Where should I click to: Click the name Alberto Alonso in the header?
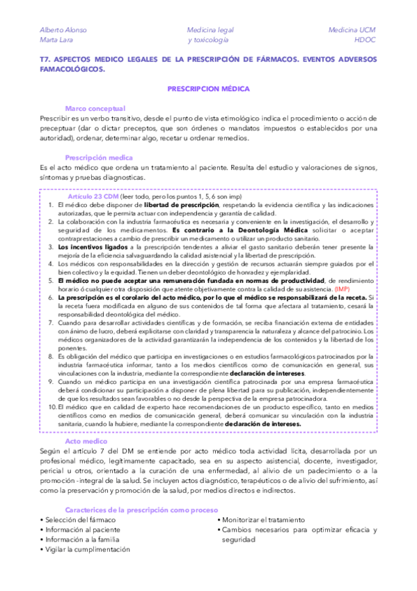[x=61, y=31]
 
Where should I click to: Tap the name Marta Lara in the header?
[x=55, y=40]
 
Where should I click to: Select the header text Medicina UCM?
[x=352, y=31]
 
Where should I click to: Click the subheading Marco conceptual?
[x=95, y=109]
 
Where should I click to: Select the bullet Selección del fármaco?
[x=79, y=520]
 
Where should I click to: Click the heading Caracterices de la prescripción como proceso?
[x=141, y=509]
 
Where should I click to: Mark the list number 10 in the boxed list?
[x=52, y=406]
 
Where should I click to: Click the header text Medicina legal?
[x=210, y=31]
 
